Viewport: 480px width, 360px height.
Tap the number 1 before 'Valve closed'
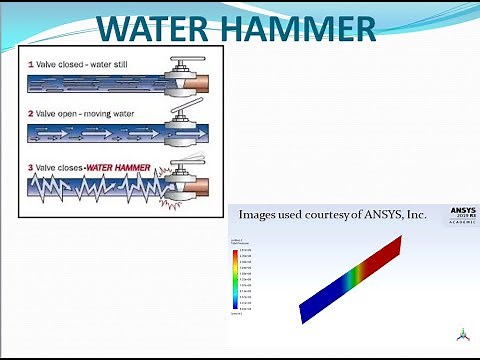[31, 62]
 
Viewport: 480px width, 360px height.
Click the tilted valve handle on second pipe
[182, 112]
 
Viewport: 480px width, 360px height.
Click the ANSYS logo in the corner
[455, 217]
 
